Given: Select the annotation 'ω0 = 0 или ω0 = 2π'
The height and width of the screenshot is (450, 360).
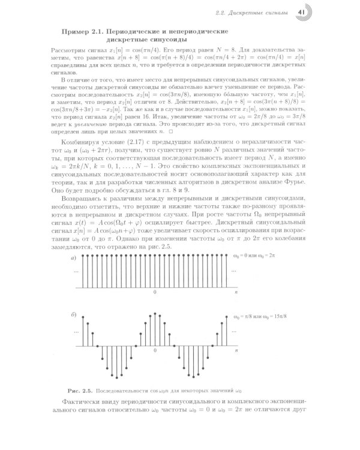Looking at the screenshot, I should (258, 256).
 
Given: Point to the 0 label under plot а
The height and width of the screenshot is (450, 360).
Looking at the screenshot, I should (154, 292).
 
